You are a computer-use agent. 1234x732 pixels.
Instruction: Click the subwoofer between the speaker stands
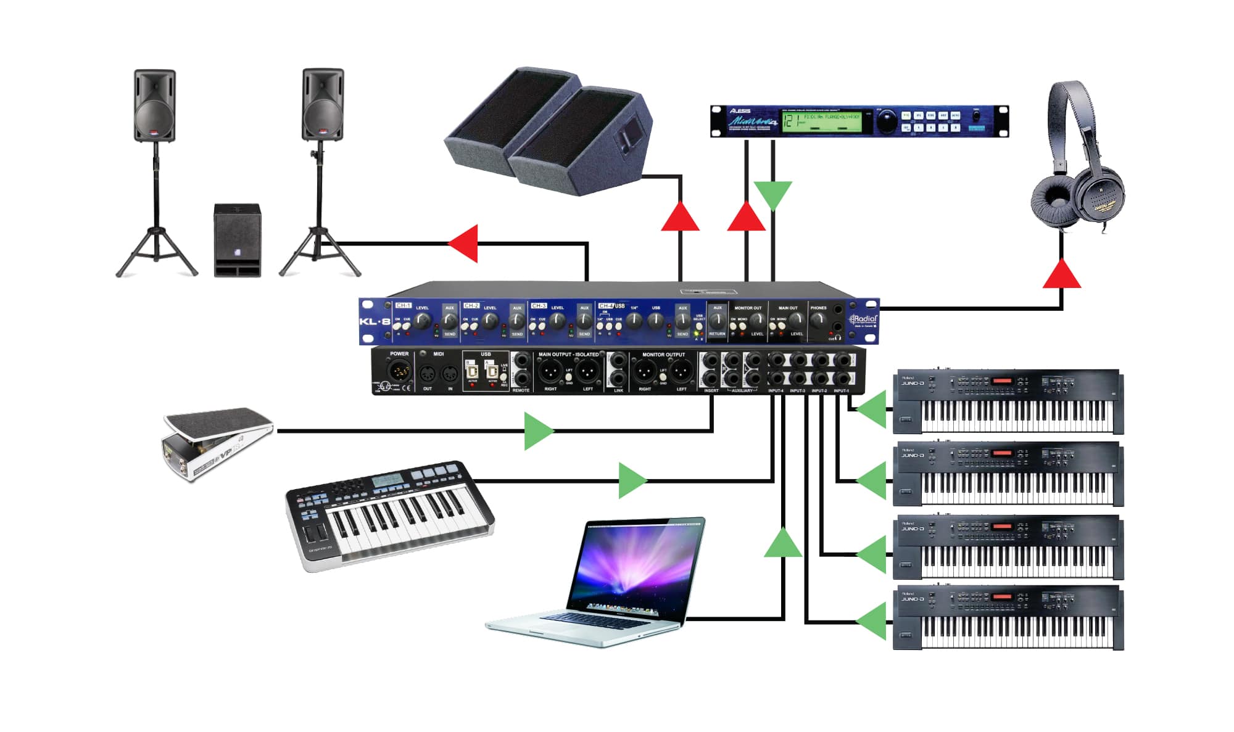238,240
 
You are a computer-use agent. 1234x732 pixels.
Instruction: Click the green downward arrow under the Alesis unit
772,194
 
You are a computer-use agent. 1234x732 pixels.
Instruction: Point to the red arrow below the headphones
1061,275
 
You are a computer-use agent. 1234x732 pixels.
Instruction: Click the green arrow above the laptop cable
783,544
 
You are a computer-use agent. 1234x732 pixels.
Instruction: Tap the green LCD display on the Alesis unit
821,120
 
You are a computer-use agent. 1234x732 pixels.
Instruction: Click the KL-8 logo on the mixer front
375,321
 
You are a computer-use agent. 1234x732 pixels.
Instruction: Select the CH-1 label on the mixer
403,306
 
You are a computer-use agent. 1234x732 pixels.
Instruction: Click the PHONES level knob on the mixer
818,319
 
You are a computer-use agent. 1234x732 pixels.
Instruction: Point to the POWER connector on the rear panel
399,372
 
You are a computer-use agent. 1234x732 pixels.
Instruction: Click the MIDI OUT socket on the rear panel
427,373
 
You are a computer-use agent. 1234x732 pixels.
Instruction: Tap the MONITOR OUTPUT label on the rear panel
663,355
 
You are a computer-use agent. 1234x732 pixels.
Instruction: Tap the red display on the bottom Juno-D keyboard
1002,597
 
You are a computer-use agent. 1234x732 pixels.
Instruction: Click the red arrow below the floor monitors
680,217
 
